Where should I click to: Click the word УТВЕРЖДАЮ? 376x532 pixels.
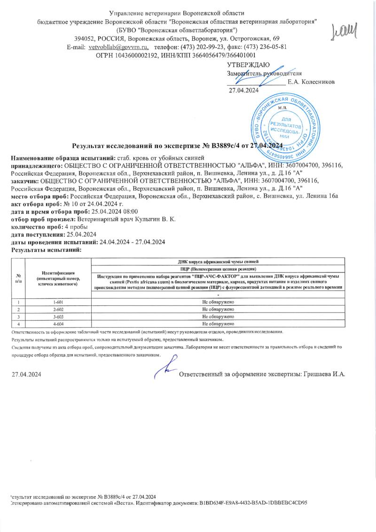pyautogui.click(x=248, y=64)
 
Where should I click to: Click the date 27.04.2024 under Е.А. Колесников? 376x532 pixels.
pyautogui.click(x=243, y=90)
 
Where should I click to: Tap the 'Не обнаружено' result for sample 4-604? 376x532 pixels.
pyautogui.click(x=218, y=324)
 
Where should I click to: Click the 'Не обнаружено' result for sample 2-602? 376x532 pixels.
pyautogui.click(x=218, y=310)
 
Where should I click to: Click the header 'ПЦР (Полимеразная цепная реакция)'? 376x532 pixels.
pyautogui.click(x=218, y=268)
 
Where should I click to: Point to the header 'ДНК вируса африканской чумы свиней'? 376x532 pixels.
pyautogui.click(x=218, y=261)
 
